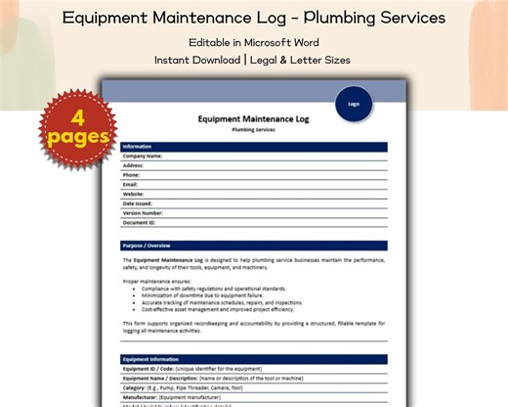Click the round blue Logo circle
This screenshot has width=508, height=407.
click(354, 103)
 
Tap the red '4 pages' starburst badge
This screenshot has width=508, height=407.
click(76, 128)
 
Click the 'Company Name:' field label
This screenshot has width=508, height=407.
click(142, 157)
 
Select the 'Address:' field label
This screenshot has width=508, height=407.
click(133, 165)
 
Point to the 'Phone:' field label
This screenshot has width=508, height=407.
click(131, 175)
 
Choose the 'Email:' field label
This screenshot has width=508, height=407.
click(130, 184)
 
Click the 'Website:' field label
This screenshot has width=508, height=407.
click(133, 194)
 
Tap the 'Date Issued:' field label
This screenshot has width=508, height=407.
click(138, 203)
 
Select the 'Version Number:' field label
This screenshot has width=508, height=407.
click(143, 212)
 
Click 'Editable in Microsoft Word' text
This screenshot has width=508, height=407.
click(254, 42)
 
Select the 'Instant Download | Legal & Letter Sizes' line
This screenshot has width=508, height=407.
click(254, 60)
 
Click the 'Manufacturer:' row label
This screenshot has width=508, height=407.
click(145, 397)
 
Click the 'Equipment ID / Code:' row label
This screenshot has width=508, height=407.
click(148, 369)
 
